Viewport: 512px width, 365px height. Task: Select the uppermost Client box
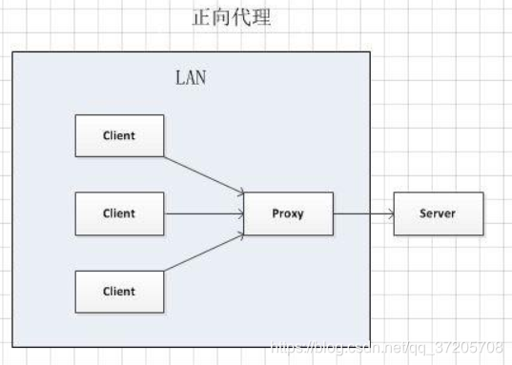(119, 135)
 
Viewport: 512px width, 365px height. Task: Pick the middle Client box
(119, 213)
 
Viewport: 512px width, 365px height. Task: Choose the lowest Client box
(119, 292)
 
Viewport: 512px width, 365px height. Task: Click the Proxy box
(288, 213)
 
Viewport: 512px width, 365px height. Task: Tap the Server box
(438, 213)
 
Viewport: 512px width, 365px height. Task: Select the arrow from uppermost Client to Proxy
(204, 173)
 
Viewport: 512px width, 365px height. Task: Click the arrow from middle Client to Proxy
(204, 213)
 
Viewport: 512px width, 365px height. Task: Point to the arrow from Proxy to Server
(363, 213)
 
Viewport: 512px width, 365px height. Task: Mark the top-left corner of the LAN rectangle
(12, 52)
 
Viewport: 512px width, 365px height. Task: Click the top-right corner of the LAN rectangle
(369, 52)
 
